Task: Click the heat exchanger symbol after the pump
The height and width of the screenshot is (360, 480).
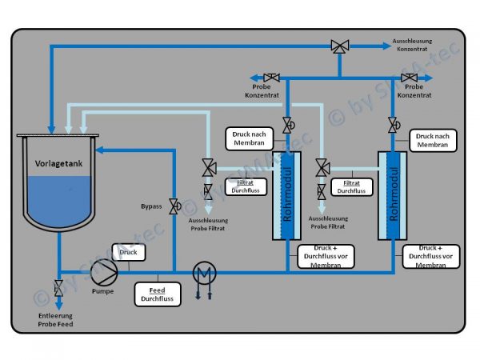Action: coord(206,273)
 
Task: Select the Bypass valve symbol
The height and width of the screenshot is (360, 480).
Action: coord(174,206)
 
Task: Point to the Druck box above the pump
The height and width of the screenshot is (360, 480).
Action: coord(129,253)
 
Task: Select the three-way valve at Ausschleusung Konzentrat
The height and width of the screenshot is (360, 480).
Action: coord(340,47)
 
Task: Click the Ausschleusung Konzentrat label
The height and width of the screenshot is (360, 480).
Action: coord(414,43)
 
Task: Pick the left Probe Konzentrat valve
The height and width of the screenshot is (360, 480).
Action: coord(271,78)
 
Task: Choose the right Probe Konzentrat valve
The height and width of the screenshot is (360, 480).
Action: coord(414,78)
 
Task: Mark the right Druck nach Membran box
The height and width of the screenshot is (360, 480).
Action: coord(433,141)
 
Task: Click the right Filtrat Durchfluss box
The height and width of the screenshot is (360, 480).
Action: coord(350,187)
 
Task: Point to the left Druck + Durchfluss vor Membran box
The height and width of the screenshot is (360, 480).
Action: coord(326,256)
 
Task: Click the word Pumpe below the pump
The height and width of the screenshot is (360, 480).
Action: coord(102,291)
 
